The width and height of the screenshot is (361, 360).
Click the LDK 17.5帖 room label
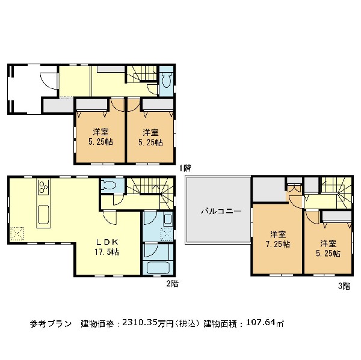click(107, 247)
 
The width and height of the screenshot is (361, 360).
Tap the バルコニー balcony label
click(221, 211)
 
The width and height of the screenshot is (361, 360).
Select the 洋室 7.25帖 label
click(278, 239)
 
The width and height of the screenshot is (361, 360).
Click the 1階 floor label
click(185, 168)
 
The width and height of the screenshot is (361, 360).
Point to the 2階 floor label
click(173, 284)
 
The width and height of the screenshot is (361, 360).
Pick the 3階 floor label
click(344, 286)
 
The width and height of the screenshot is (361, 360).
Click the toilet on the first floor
click(167, 80)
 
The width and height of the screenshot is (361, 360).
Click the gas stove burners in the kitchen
click(43, 186)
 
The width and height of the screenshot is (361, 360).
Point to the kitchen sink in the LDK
click(43, 215)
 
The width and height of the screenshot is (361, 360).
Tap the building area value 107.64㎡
click(265, 323)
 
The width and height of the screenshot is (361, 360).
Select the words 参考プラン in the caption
click(51, 324)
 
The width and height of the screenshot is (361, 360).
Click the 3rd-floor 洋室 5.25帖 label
click(328, 248)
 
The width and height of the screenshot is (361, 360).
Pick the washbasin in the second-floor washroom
click(168, 219)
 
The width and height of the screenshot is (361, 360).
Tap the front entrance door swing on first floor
click(49, 81)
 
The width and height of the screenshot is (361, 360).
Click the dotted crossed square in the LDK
click(17, 233)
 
